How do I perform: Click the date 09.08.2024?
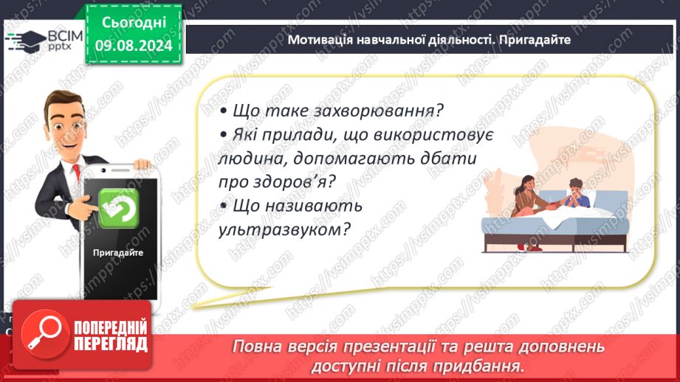click(x=134, y=46)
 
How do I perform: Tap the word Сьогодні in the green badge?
click(x=134, y=22)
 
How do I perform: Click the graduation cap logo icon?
click(x=26, y=41)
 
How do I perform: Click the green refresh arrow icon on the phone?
click(x=118, y=208)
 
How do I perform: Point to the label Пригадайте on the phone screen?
click(x=118, y=252)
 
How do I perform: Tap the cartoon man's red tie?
click(x=76, y=172)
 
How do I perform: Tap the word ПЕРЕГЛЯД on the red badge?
click(x=111, y=344)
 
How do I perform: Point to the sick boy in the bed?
click(x=576, y=194)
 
